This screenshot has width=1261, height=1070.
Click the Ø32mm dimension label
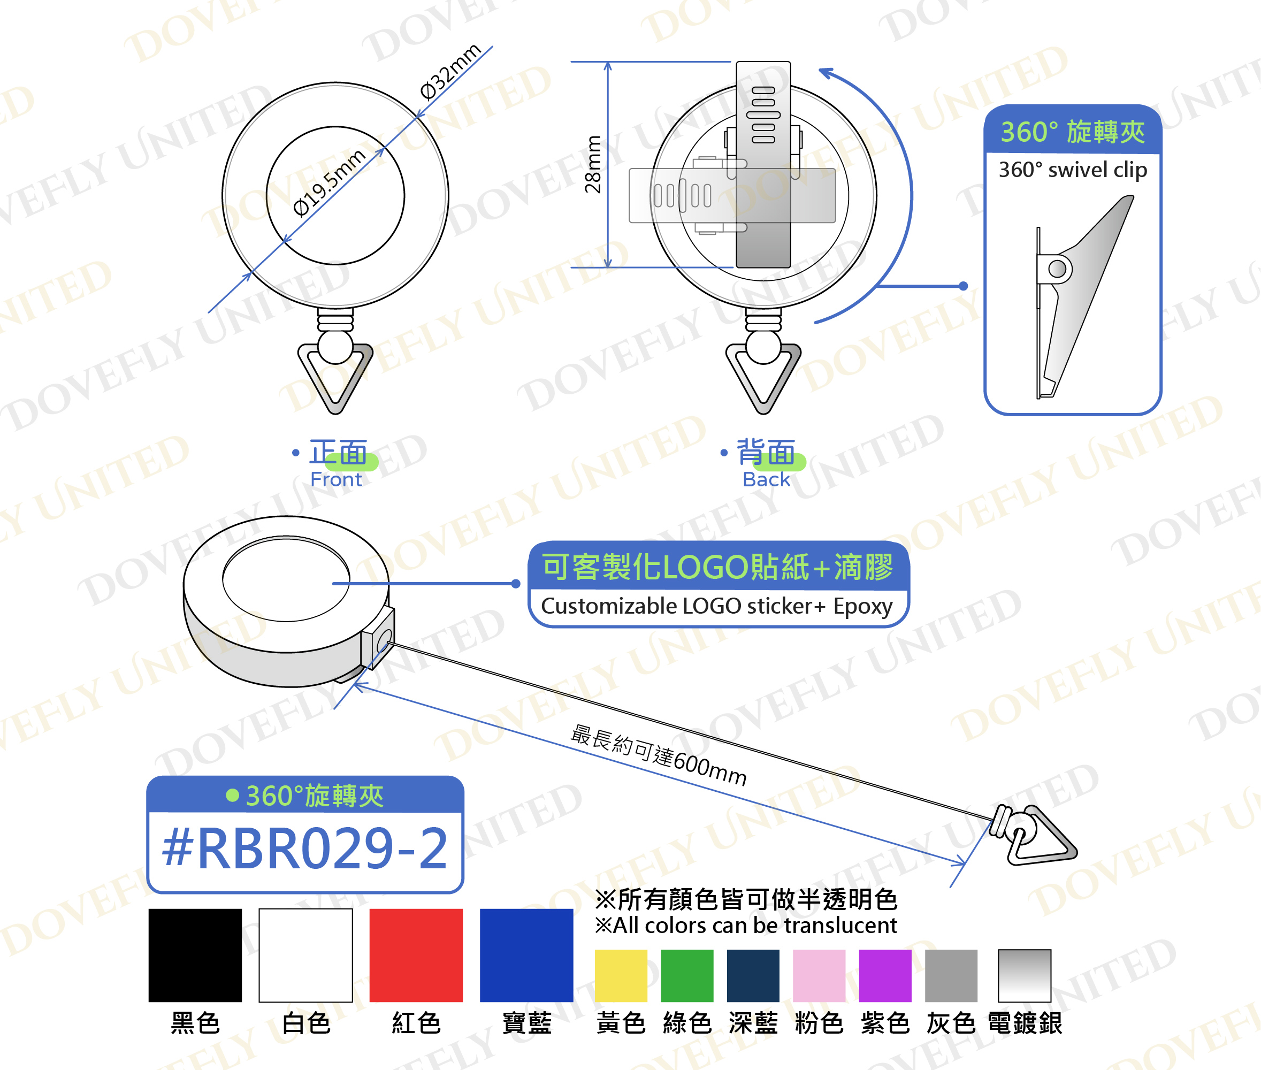point(450,71)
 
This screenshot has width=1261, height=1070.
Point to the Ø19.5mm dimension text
point(328,182)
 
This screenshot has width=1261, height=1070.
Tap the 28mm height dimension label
point(593,164)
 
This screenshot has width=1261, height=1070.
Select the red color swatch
point(416,955)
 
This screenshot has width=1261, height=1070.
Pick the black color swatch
point(195,955)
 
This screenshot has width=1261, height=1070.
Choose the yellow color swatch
point(621,975)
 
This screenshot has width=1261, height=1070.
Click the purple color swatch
point(885,975)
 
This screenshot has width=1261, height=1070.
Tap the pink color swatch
point(819,975)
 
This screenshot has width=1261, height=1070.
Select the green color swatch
point(687,975)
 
